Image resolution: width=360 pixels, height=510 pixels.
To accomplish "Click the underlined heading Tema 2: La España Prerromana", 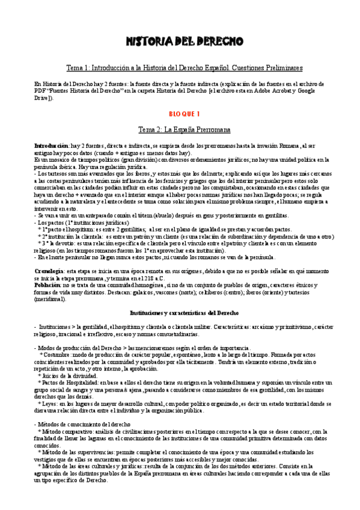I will [180, 129].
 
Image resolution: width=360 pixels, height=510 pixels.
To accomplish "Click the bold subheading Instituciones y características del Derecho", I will [185, 313].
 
